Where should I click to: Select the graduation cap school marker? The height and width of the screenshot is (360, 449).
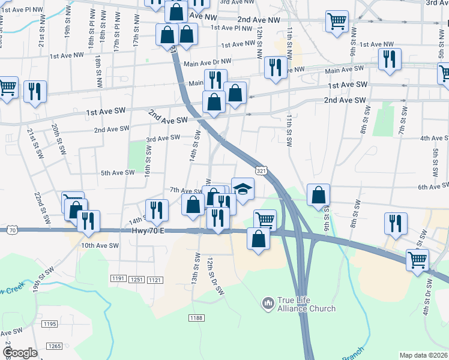click(x=243, y=190)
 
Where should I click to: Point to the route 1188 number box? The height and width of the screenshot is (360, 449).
click(x=196, y=317)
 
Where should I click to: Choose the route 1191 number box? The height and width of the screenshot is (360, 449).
click(x=117, y=279)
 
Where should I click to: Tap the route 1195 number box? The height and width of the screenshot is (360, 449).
click(x=50, y=324)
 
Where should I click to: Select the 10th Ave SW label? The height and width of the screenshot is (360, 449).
click(x=100, y=245)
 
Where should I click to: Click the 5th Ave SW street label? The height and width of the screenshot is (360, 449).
click(x=118, y=173)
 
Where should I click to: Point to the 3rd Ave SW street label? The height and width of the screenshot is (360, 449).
click(x=163, y=139)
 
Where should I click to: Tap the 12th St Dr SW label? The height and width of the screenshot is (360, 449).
click(x=215, y=277)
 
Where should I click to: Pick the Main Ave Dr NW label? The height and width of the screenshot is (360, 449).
click(x=208, y=62)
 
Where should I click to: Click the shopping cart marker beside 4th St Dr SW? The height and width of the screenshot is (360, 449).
click(x=418, y=260)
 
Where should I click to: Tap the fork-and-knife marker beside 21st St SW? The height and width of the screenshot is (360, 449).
click(x=35, y=91)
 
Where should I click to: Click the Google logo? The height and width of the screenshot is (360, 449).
click(x=19, y=353)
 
